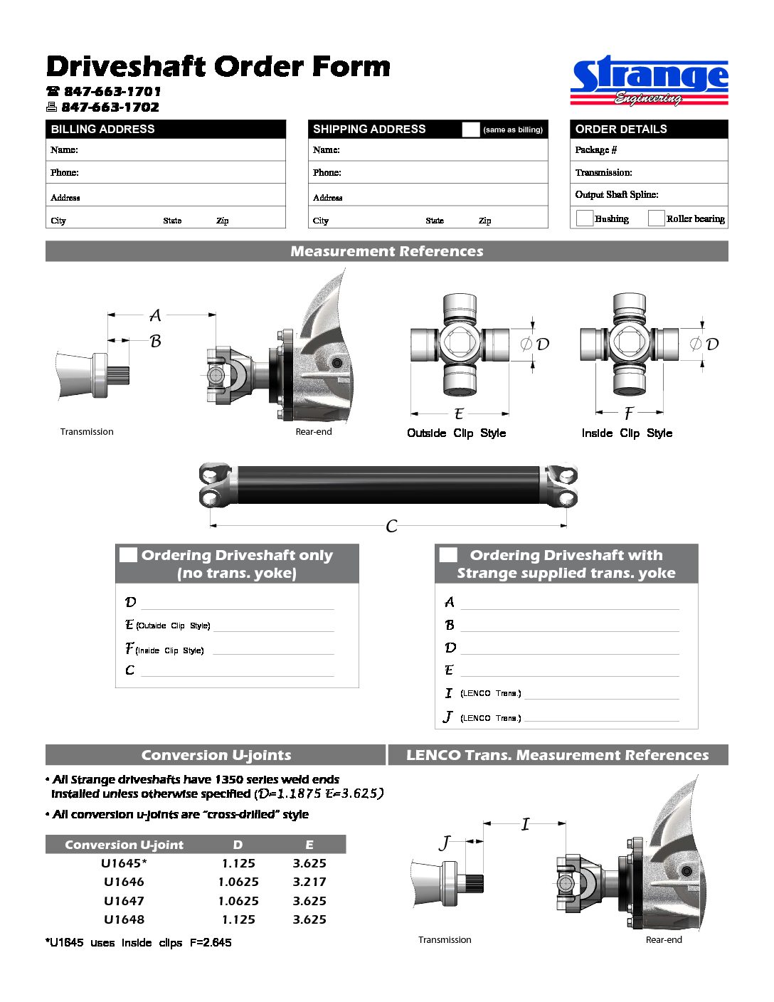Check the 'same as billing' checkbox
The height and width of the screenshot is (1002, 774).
click(470, 129)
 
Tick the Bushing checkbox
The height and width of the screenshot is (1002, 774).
click(584, 218)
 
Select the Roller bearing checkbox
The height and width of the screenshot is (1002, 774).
click(656, 218)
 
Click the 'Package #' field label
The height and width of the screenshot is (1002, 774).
click(596, 149)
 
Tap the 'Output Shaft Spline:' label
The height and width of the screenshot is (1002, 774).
click(617, 194)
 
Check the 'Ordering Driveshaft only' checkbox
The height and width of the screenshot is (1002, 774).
click(128, 554)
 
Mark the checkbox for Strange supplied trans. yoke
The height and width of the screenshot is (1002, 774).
click(448, 554)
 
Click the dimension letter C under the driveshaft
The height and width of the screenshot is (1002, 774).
click(391, 526)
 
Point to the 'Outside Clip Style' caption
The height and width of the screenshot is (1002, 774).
click(456, 433)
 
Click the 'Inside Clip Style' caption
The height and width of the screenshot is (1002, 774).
click(626, 433)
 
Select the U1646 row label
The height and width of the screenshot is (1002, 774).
click(124, 882)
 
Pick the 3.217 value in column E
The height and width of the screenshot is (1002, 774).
click(309, 882)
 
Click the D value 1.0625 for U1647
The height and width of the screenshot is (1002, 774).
click(238, 901)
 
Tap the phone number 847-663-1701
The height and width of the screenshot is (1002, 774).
click(112, 91)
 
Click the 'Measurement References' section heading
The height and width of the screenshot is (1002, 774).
click(386, 251)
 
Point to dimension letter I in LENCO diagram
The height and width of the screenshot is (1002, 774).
click(525, 824)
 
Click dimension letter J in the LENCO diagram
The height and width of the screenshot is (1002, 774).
click(445, 843)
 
